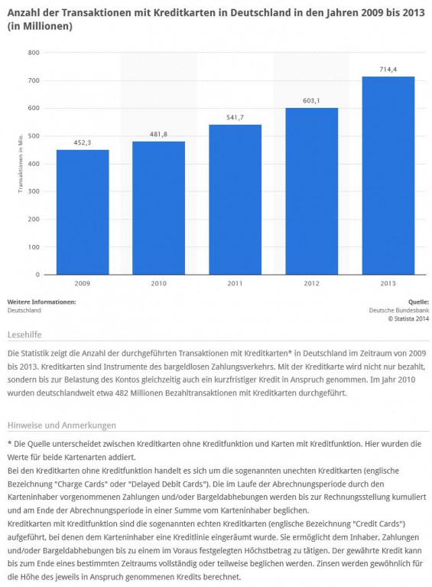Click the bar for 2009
pos(83,212)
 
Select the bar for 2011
pos(235,200)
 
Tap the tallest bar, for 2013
pos(388,175)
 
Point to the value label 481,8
pos(158,134)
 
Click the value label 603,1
pos(311,101)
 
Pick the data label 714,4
pos(388,69)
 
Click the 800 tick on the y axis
pos(34,53)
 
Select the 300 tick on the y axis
pos(34,191)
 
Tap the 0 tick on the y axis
pos(37,275)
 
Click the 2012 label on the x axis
pos(311,283)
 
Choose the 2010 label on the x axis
pos(158,283)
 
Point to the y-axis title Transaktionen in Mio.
pos(21,164)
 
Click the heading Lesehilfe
pos(24,334)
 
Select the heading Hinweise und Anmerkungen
pos(62,426)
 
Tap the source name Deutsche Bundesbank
pos(399,311)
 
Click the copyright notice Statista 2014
pos(408,319)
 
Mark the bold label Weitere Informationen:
pos(41,302)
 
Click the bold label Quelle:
pos(418,302)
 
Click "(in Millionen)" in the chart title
pos(40,26)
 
